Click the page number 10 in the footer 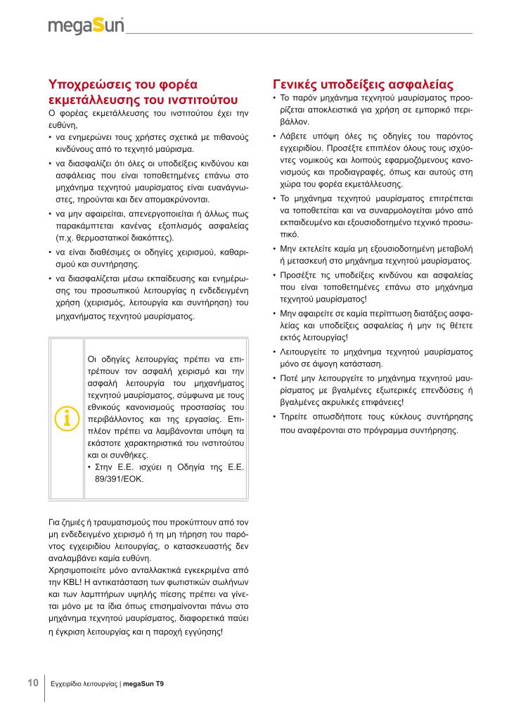33,683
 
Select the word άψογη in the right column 340,364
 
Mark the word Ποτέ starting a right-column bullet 291,378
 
